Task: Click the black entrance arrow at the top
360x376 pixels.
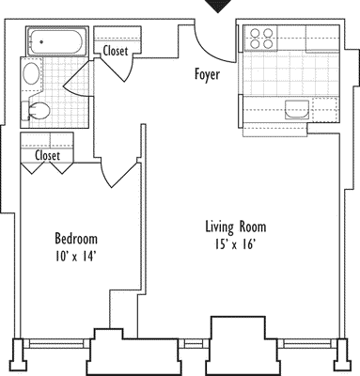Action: coord(217,7)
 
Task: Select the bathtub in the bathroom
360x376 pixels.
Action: coord(55,42)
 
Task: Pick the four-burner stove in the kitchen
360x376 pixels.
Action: coord(259,39)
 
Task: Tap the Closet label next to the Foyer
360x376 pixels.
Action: coord(117,51)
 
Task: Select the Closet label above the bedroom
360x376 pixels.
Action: coord(48,156)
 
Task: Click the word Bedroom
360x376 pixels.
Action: coord(75,239)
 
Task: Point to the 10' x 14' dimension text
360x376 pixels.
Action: coord(75,256)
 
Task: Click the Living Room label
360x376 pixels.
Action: coord(236,227)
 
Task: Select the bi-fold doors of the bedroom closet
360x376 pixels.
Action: coord(48,170)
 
